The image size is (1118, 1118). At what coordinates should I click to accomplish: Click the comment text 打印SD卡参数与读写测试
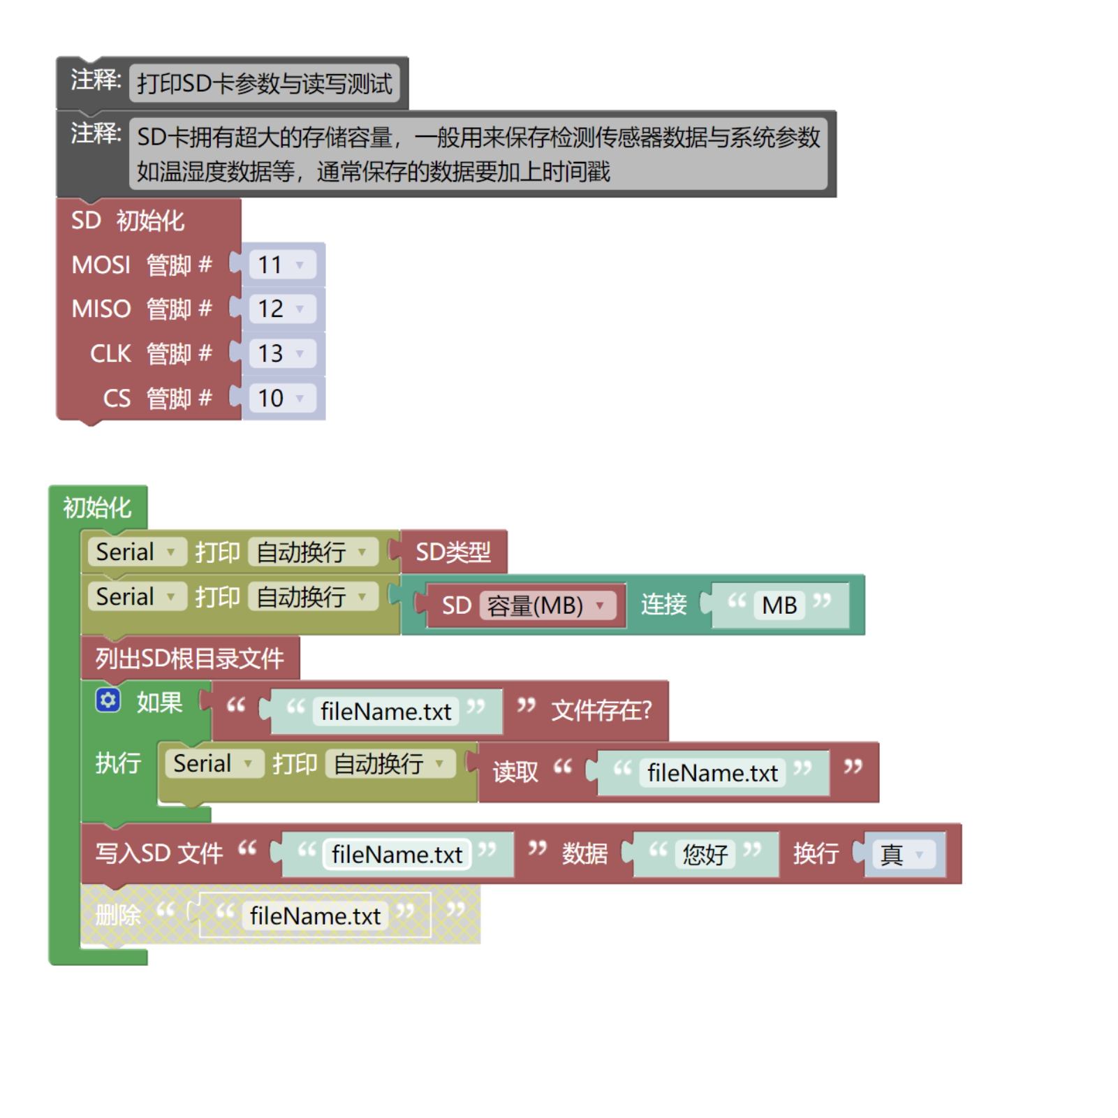[264, 84]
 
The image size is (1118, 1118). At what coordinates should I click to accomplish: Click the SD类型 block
[453, 552]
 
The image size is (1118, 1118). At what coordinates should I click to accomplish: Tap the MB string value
[779, 605]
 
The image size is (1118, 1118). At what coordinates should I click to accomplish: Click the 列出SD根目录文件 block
[189, 659]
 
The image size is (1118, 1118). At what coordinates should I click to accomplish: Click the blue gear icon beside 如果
[108, 700]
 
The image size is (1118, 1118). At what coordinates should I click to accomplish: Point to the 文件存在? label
[601, 711]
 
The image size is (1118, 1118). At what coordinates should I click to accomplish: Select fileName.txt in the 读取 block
[712, 773]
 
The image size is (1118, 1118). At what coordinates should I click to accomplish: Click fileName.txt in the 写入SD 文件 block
[397, 854]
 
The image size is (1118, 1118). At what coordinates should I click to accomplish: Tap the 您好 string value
[705, 854]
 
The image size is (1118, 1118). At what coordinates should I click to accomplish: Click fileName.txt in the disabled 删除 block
[315, 915]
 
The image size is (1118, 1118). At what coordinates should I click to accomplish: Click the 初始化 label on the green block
[97, 508]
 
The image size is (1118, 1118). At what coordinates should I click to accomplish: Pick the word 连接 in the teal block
[663, 605]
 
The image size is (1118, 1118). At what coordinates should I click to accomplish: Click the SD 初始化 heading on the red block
[128, 221]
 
